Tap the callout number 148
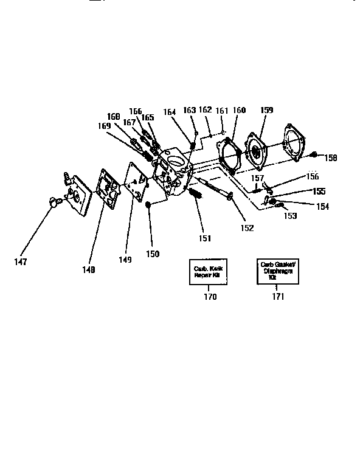(x=89, y=270)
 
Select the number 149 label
(x=125, y=259)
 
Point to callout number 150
(x=152, y=253)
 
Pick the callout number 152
(x=246, y=228)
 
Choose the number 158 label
(x=330, y=157)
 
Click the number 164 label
(x=170, y=112)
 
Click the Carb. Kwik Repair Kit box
(x=206, y=271)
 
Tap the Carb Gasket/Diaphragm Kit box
(x=275, y=271)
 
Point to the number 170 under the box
(x=210, y=297)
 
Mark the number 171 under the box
(x=277, y=297)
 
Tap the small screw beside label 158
(x=314, y=154)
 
